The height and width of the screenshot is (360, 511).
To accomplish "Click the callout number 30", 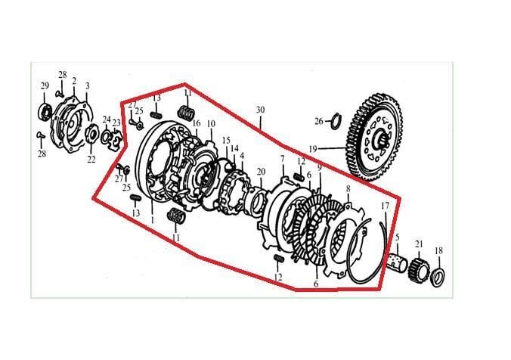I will pyautogui.click(x=260, y=110).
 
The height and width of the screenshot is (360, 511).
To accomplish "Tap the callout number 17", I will pyautogui.click(x=384, y=206).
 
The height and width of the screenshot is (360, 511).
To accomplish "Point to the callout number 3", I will pyautogui.click(x=87, y=86).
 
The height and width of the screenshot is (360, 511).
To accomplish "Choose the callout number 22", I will pyautogui.click(x=91, y=160).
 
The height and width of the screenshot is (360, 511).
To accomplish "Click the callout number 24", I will pyautogui.click(x=106, y=119).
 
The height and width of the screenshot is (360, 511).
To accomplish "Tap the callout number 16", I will pyautogui.click(x=197, y=123).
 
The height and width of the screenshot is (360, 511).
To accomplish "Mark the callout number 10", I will pyautogui.click(x=211, y=123).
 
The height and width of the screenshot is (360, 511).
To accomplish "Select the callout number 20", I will pyautogui.click(x=261, y=172).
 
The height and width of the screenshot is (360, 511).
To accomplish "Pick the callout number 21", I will pyautogui.click(x=418, y=243).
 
